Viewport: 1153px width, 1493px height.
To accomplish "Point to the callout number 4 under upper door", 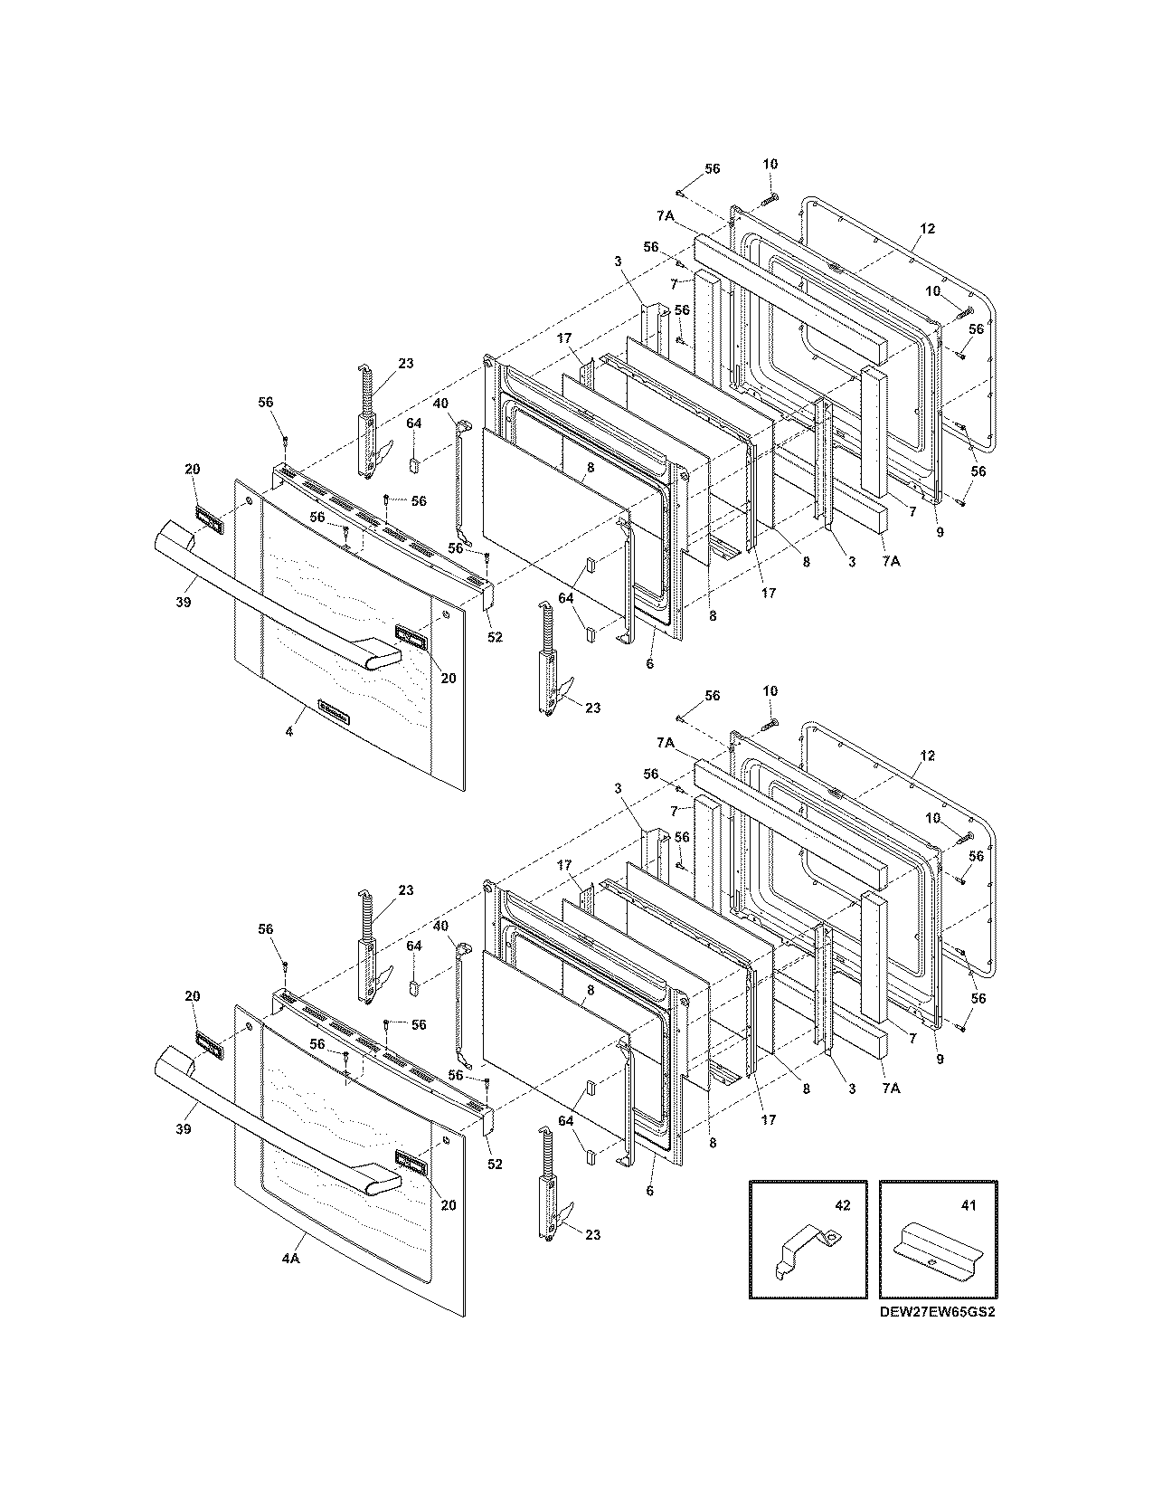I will (289, 731).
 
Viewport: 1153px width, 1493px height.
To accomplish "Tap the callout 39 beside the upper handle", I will (184, 603).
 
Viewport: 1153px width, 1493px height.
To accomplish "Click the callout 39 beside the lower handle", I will (184, 1129).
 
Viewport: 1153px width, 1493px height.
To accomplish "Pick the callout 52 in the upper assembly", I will (495, 637).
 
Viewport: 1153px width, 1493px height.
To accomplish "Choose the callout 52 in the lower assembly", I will (495, 1164).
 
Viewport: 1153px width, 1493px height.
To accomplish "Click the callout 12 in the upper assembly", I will (929, 228).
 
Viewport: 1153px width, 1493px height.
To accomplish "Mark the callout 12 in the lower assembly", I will (929, 756).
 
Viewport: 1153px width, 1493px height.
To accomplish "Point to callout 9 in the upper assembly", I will (940, 533).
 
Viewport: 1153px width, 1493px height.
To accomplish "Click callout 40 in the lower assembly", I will (440, 926).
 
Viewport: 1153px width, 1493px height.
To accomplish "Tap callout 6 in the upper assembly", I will (650, 664).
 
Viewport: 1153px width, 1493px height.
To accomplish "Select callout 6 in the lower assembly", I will (650, 1191).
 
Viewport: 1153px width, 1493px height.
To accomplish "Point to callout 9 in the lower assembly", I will (940, 1060).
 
